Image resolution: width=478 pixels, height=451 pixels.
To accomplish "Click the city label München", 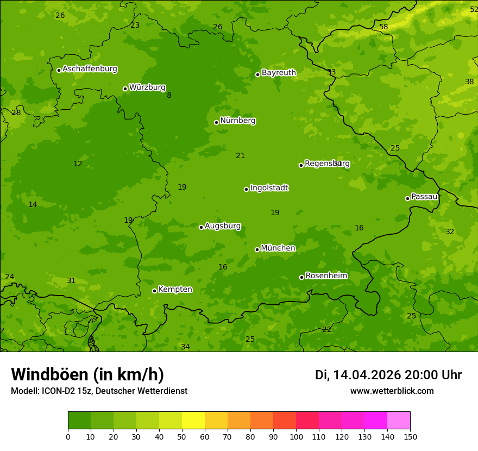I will pyautogui.click(x=278, y=248).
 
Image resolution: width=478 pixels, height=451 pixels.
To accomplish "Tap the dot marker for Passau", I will pyautogui.click(x=407, y=198).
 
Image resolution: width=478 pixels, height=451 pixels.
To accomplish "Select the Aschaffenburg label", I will pyautogui.click(x=90, y=69).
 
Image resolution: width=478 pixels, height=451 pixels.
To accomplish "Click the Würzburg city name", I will pyautogui.click(x=147, y=87).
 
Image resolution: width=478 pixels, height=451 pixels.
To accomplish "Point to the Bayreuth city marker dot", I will pyautogui.click(x=257, y=74).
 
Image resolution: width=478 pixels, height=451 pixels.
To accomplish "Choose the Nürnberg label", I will pyautogui.click(x=237, y=121).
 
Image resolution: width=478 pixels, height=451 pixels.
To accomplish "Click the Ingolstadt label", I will pyautogui.click(x=269, y=188).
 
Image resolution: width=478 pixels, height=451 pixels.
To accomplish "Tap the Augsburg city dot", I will pyautogui.click(x=201, y=227).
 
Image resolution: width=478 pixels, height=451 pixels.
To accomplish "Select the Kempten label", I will pyautogui.click(x=175, y=290).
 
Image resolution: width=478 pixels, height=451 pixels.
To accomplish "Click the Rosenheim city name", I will pyautogui.click(x=326, y=276).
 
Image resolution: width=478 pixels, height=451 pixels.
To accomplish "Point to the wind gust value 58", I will pyautogui.click(x=383, y=27).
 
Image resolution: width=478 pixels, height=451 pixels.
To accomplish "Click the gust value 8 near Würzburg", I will pyautogui.click(x=169, y=96).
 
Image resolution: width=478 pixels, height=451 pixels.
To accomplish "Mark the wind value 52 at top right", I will pyautogui.click(x=474, y=10).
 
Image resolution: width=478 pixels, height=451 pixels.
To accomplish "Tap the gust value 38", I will pyautogui.click(x=469, y=82).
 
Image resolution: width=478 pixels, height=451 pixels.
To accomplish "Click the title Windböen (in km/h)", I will pyautogui.click(x=87, y=374).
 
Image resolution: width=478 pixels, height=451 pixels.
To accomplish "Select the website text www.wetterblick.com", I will pyautogui.click(x=392, y=391).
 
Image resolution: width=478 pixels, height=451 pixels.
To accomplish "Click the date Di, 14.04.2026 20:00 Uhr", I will pyautogui.click(x=388, y=375).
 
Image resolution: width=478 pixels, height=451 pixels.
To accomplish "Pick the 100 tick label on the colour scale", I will pyautogui.click(x=296, y=436).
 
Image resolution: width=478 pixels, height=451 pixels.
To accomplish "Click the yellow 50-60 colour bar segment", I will pyautogui.click(x=193, y=421).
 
